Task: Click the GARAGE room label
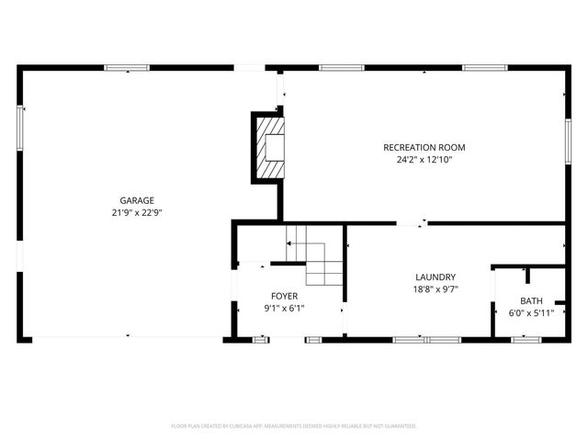click(x=136, y=200)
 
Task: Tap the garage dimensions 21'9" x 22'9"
click(x=136, y=212)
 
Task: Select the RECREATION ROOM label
click(x=424, y=147)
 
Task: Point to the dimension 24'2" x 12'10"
click(x=424, y=159)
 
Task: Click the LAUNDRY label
click(x=435, y=277)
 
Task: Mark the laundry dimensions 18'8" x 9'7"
click(x=435, y=288)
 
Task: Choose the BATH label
click(x=531, y=300)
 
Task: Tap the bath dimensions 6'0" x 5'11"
click(x=531, y=312)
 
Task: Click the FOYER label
click(x=284, y=295)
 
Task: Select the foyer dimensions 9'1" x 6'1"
click(x=284, y=308)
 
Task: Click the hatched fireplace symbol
click(x=270, y=147)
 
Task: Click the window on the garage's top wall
click(x=127, y=67)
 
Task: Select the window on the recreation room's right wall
click(x=567, y=143)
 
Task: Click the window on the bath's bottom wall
click(x=526, y=340)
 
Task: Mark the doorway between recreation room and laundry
click(x=411, y=222)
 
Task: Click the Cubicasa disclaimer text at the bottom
click(x=294, y=426)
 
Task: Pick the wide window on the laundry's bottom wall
click(x=426, y=340)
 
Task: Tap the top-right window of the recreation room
click(x=485, y=67)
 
